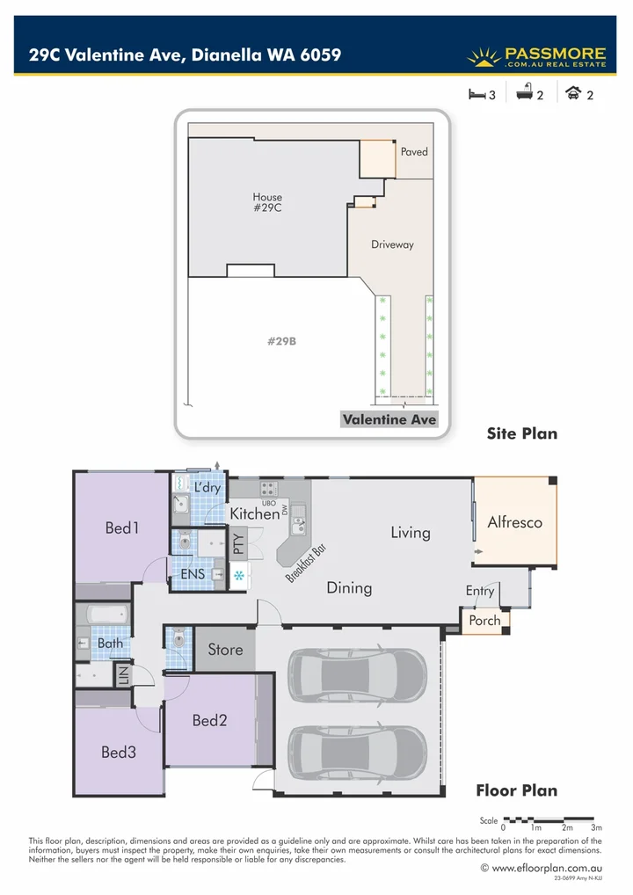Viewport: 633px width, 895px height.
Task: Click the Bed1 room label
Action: [x=122, y=528]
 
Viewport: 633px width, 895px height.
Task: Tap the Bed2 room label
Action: [x=210, y=720]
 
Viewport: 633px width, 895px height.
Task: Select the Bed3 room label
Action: [x=119, y=752]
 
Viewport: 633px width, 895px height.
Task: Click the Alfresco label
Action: [x=514, y=521]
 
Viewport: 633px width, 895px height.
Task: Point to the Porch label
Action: [x=484, y=620]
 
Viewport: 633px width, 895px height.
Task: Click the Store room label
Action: [x=225, y=650]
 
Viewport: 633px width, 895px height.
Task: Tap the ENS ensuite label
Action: [x=193, y=574]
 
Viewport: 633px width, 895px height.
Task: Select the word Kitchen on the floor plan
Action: [x=254, y=513]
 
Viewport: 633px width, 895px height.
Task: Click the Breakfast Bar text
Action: [x=306, y=563]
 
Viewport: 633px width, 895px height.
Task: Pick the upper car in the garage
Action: [x=357, y=676]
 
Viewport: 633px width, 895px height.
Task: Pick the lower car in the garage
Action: [x=357, y=753]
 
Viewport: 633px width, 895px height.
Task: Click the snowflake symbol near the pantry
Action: [x=239, y=576]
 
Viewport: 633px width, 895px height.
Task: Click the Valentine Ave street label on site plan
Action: [x=389, y=419]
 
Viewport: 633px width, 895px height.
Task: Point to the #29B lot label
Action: [x=281, y=341]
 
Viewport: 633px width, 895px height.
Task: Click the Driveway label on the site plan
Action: [x=392, y=244]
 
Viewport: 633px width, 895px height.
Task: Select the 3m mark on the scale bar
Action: [x=596, y=827]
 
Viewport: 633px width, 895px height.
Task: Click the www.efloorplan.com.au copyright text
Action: [x=541, y=867]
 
